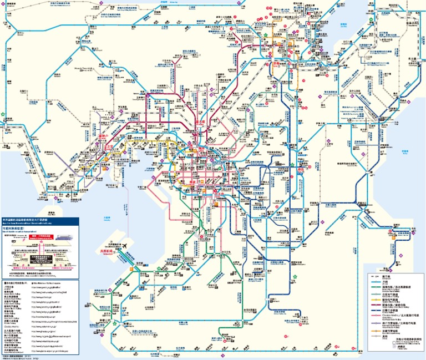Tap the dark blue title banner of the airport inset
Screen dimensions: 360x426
39,220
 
